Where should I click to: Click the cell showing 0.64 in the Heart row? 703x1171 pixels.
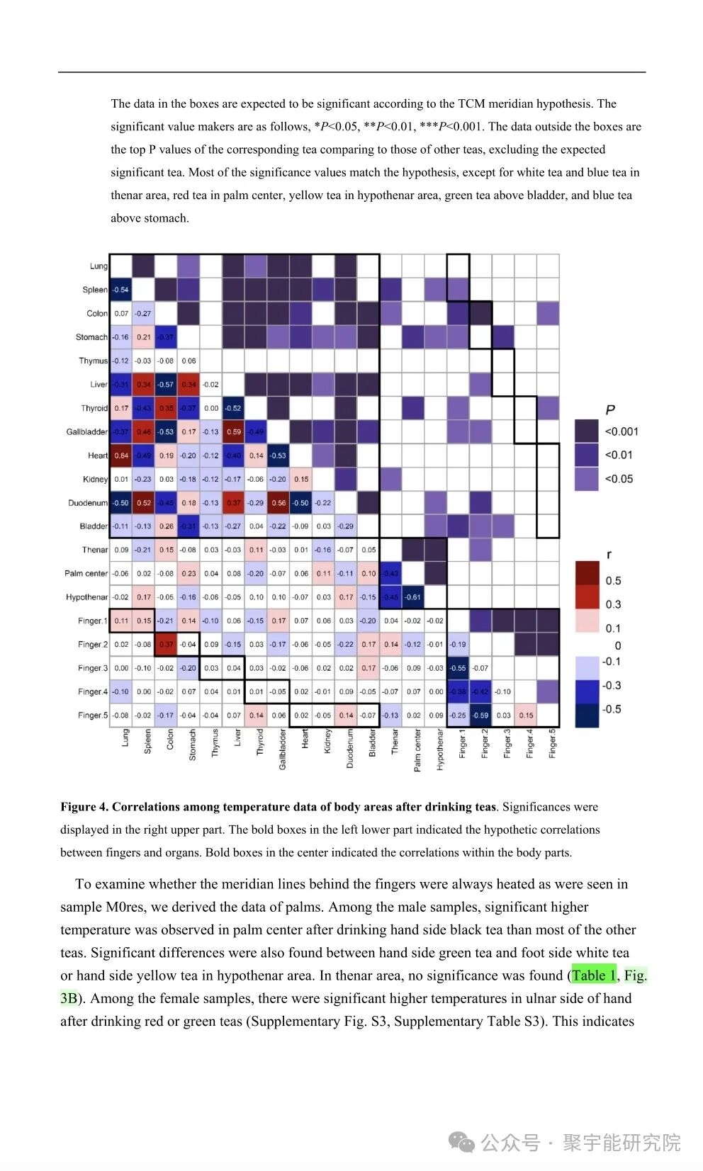(121, 456)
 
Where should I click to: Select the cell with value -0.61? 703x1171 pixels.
(413, 597)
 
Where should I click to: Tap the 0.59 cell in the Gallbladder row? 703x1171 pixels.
(234, 431)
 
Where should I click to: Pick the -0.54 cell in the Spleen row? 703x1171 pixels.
(121, 290)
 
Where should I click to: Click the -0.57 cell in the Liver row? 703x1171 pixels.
(166, 385)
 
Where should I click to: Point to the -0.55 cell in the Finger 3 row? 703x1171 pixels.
(458, 668)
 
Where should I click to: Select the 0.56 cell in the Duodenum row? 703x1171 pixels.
(279, 503)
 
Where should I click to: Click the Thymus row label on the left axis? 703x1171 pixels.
(93, 361)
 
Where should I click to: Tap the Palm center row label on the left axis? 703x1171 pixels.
(86, 574)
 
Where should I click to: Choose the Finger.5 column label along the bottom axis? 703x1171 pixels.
(553, 744)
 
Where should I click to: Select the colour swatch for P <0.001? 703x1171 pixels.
(587, 431)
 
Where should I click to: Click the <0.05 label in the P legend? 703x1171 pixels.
(619, 479)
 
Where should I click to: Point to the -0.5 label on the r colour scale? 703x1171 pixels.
(612, 709)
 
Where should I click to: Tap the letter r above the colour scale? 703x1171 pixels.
(609, 555)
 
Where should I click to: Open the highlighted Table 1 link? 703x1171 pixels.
(594, 975)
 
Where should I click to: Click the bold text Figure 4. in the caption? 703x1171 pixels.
(84, 807)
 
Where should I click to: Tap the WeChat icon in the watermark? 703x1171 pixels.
(461, 1142)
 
